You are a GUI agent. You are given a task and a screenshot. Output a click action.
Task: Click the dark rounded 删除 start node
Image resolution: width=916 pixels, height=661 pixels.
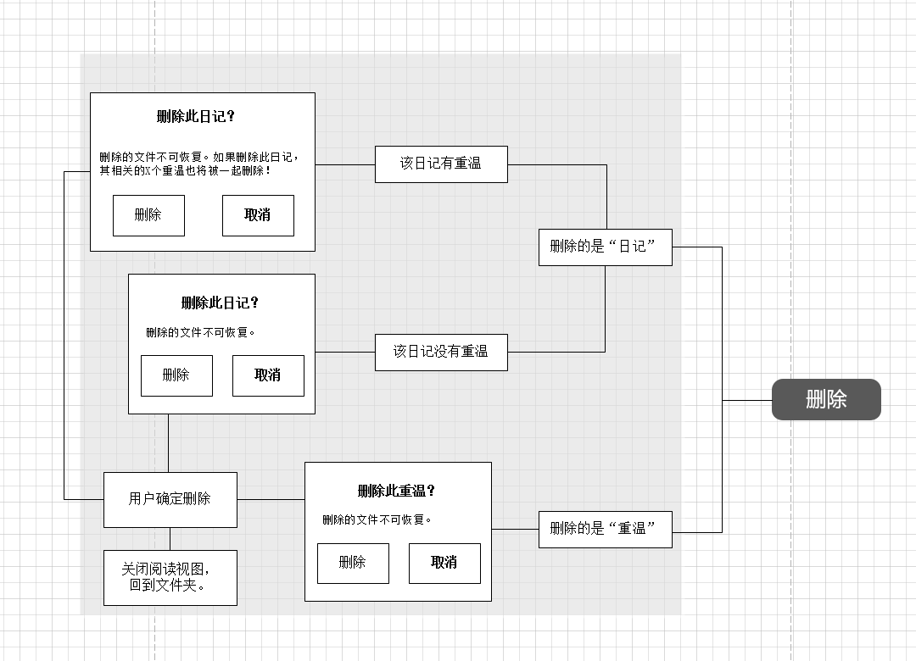tap(826, 399)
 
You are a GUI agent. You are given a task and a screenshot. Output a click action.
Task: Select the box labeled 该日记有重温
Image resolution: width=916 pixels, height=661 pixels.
tap(441, 164)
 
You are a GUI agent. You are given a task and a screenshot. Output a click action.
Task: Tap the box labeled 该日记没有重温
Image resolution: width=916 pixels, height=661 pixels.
tap(441, 352)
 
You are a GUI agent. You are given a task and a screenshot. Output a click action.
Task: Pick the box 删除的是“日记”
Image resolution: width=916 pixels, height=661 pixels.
tap(605, 247)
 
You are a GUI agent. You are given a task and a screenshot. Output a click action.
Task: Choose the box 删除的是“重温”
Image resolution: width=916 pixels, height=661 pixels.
tap(605, 529)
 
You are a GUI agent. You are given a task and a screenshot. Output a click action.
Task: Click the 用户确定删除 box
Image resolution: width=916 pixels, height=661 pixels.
tap(170, 499)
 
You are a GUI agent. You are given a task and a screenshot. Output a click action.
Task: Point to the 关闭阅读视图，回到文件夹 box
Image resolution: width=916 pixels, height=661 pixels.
tap(170, 577)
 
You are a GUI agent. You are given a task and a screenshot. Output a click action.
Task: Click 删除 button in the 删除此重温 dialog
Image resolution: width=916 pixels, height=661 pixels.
tap(353, 563)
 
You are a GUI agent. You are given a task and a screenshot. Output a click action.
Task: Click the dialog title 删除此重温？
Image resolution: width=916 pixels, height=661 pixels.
tap(396, 492)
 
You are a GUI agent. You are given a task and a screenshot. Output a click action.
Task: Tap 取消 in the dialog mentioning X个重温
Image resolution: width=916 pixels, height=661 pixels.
tap(258, 215)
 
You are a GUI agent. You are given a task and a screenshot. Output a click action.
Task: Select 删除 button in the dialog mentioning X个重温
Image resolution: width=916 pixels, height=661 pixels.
tap(148, 215)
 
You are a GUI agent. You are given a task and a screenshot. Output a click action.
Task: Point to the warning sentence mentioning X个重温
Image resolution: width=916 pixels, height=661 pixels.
tap(198, 164)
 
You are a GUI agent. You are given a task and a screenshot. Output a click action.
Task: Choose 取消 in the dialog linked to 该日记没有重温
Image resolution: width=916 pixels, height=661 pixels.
tap(268, 375)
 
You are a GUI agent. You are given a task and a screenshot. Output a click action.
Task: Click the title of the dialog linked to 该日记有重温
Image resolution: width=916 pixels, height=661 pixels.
tap(195, 117)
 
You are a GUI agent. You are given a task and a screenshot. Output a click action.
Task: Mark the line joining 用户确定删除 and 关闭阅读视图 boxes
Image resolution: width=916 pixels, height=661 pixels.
tap(170, 539)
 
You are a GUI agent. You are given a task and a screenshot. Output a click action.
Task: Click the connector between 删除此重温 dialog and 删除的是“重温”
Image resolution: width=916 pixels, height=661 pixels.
tap(515, 529)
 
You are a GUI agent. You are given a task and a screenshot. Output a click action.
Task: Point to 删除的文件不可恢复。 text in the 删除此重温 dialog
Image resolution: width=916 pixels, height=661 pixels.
tap(377, 519)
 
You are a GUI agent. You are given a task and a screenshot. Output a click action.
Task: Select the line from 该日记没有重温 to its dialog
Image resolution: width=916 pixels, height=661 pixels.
tap(345, 352)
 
